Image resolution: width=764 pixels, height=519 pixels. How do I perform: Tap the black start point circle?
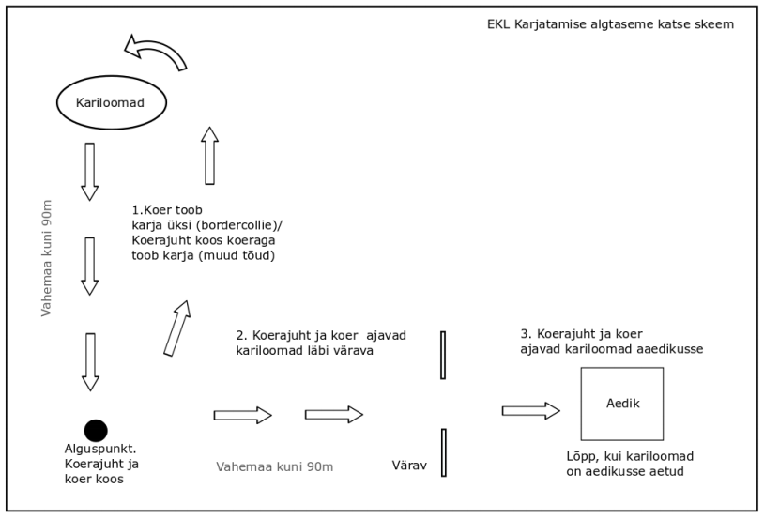coord(96,430)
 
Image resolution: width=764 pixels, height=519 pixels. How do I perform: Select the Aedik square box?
coord(621,404)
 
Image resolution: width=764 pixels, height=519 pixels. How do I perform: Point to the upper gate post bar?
coord(443,355)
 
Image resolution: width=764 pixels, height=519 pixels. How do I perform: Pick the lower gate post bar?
coord(443,452)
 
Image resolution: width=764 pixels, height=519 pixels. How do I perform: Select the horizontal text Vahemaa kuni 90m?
coord(274,466)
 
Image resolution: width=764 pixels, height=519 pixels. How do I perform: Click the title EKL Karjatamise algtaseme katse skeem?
coord(604,23)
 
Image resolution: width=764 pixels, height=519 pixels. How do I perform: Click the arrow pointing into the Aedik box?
coord(531,410)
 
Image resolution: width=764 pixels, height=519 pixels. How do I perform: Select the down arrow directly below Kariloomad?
coord(89,172)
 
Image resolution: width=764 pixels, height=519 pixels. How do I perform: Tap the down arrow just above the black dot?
coord(89,361)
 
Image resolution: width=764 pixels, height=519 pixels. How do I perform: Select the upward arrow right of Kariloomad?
coord(209,156)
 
